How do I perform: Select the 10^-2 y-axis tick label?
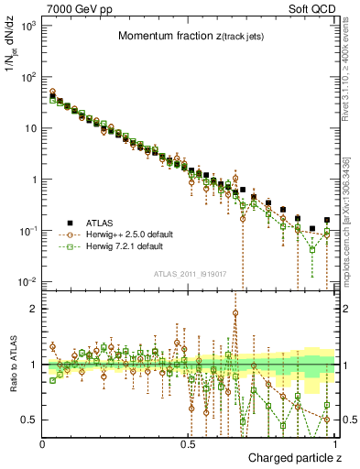click(x=27, y=281)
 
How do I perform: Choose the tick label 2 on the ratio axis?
click(x=34, y=309)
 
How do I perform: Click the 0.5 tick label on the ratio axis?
click(x=30, y=420)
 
